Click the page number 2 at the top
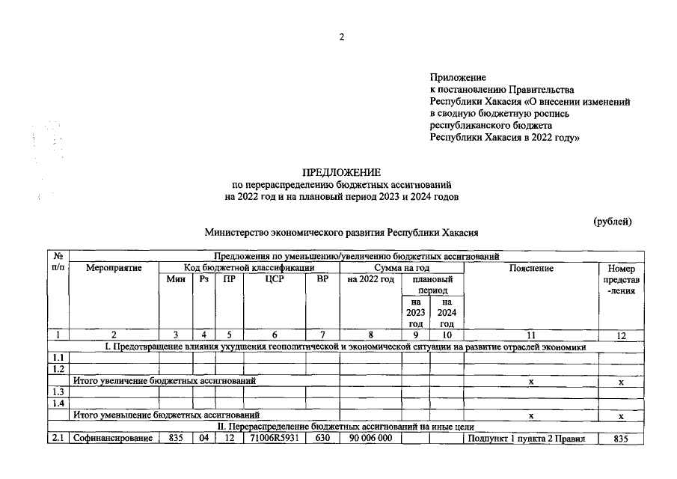[x=341, y=37]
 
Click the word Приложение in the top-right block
[x=458, y=77]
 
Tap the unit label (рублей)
[x=613, y=222]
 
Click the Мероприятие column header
[x=113, y=267]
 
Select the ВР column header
[x=322, y=279]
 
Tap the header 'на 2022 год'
[x=370, y=279]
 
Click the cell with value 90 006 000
[x=370, y=439]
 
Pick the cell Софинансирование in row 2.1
[x=113, y=439]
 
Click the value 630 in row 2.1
[x=322, y=439]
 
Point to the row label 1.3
[x=57, y=391]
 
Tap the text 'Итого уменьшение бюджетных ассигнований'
[x=166, y=415]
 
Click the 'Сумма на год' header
[x=402, y=267]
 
